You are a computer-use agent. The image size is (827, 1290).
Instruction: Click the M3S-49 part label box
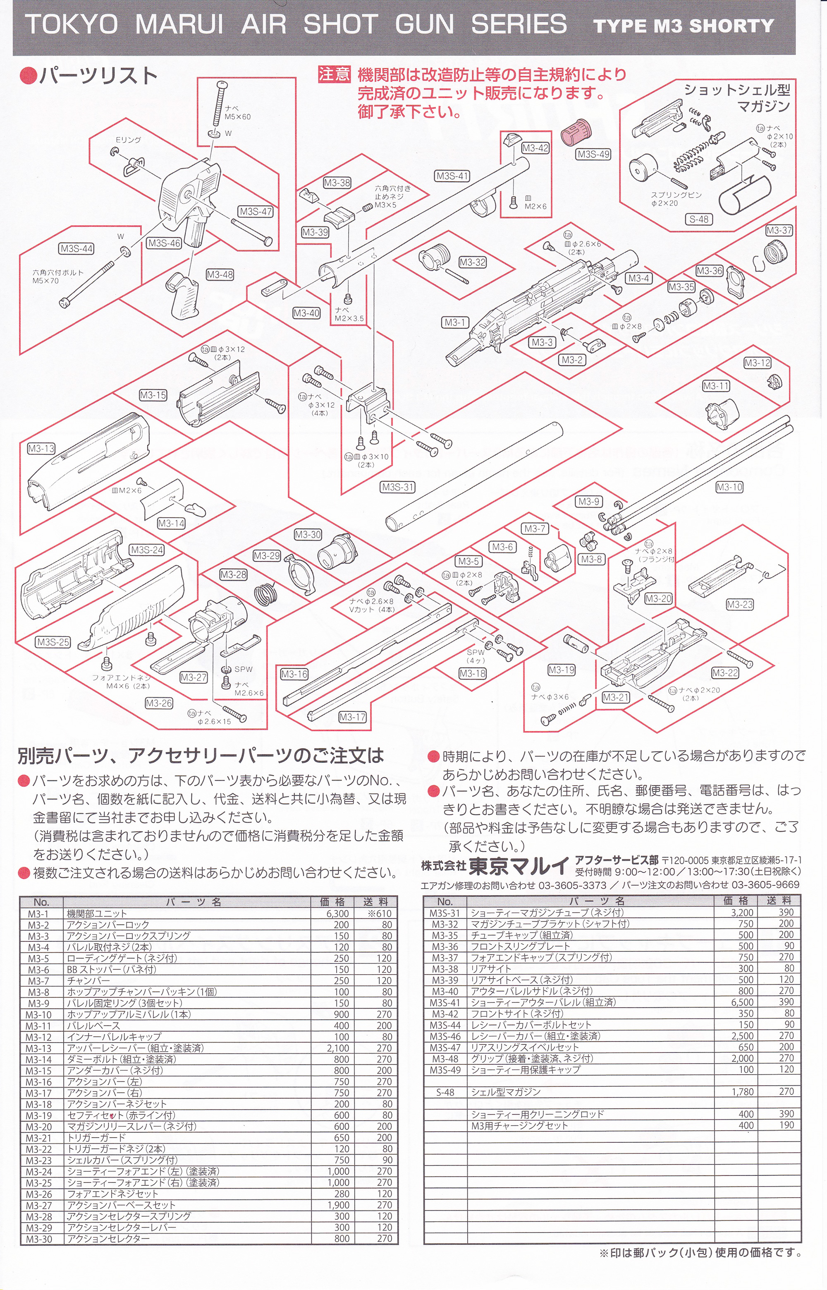(593, 154)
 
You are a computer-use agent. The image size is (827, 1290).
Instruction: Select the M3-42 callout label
(535, 148)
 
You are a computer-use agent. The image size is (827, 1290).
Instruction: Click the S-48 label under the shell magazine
(699, 219)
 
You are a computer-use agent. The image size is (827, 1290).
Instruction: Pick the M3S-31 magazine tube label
(398, 488)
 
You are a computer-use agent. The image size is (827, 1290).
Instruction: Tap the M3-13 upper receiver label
(41, 448)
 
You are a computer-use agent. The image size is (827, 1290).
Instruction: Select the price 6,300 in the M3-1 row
(337, 913)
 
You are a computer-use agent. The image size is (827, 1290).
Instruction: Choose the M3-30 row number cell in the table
(39, 1238)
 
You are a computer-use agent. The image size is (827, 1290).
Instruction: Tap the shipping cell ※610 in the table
(379, 913)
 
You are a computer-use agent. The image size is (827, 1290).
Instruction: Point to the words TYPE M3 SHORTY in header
(684, 26)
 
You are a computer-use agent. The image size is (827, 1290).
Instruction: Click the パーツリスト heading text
(98, 76)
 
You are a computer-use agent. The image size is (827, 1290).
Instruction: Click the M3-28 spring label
(234, 574)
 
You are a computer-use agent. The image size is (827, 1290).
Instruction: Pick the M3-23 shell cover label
(739, 605)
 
